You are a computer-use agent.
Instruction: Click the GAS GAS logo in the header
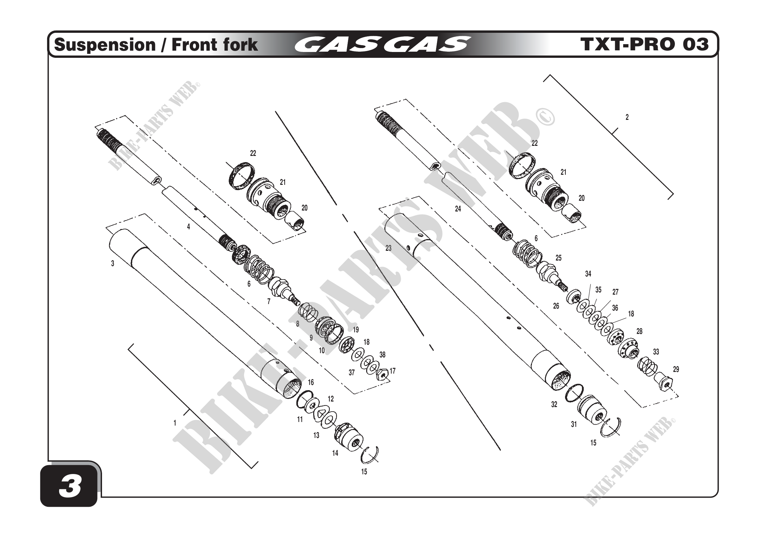pos(382,45)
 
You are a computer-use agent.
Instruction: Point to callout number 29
pos(676,369)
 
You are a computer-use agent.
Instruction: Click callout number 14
pos(335,453)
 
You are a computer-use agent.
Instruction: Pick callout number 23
pos(388,248)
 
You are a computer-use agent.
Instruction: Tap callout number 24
pos(458,209)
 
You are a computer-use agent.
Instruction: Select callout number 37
pos(352,373)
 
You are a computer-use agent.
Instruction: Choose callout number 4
pos(188,227)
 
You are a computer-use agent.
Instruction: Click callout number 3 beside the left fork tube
pos(112,264)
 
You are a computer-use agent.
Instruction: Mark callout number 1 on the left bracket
pos(175,423)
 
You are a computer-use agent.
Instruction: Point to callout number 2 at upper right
pos(627,117)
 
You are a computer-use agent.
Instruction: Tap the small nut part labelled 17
pos(382,375)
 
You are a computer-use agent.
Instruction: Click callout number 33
pos(656,352)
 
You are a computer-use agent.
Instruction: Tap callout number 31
pos(574,424)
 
